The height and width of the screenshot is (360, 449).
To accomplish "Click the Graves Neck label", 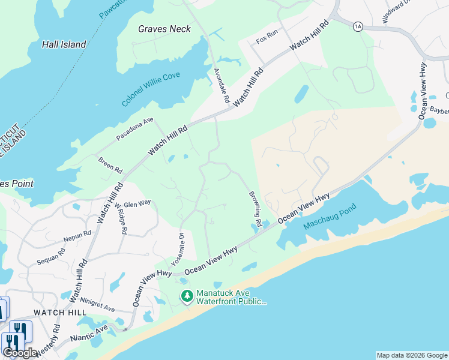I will tap(164, 28).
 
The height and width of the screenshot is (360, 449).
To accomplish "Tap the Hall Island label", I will tap(64, 44).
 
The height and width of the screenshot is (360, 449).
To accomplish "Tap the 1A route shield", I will tap(358, 26).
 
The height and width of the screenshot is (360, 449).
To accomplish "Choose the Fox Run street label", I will tap(267, 40).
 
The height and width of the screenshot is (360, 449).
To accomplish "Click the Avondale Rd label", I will tap(221, 85).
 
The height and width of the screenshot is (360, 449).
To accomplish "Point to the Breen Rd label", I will tap(110, 163).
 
